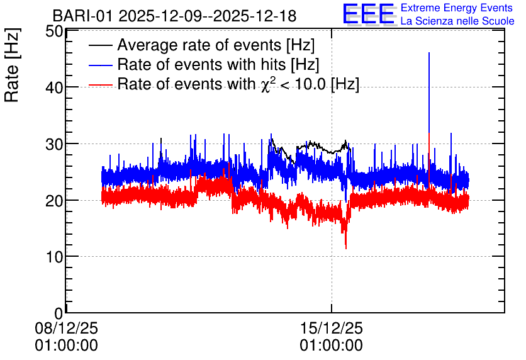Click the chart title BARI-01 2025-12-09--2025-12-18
(x=174, y=16)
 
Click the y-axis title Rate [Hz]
(x=12, y=65)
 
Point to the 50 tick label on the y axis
(x=54, y=31)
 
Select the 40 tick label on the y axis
(x=54, y=87)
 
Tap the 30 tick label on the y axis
(x=54, y=144)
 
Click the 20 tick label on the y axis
(x=54, y=201)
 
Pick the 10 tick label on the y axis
(x=54, y=257)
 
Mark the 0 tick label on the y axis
(x=59, y=313)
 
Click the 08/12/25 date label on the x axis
(x=67, y=328)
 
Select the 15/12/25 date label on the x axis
(x=331, y=328)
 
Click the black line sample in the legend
(x=100, y=45)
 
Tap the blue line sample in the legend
(x=100, y=65)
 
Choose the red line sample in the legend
(x=100, y=84)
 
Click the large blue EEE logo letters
(x=369, y=14)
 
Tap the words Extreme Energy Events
(x=457, y=8)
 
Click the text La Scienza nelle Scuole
(x=457, y=21)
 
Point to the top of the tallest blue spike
(x=429, y=53)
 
